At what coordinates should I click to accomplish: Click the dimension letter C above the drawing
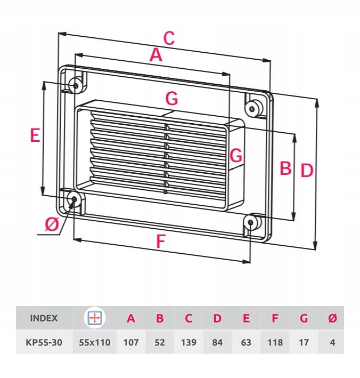(x=168, y=38)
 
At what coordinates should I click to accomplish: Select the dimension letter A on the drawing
(x=156, y=55)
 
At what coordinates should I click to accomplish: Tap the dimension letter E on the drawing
(x=35, y=136)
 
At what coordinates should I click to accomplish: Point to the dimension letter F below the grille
(x=160, y=242)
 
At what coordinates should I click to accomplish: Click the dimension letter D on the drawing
(x=306, y=171)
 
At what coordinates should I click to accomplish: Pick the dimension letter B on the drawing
(x=285, y=168)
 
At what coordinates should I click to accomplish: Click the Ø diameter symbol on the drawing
(x=52, y=225)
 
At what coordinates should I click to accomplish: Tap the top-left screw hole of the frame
(x=75, y=85)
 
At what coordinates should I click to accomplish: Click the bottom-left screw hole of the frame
(x=74, y=200)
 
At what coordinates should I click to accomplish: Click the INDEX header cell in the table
(x=44, y=319)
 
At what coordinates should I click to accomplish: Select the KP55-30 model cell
(x=44, y=342)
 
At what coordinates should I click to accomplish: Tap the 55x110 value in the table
(x=95, y=342)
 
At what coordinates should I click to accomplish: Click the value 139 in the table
(x=189, y=342)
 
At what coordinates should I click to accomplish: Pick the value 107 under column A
(x=131, y=342)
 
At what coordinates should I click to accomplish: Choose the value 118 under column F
(x=275, y=342)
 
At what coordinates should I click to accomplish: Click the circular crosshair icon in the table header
(x=95, y=318)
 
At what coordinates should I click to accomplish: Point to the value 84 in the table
(x=217, y=342)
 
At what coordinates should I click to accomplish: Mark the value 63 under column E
(x=246, y=342)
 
